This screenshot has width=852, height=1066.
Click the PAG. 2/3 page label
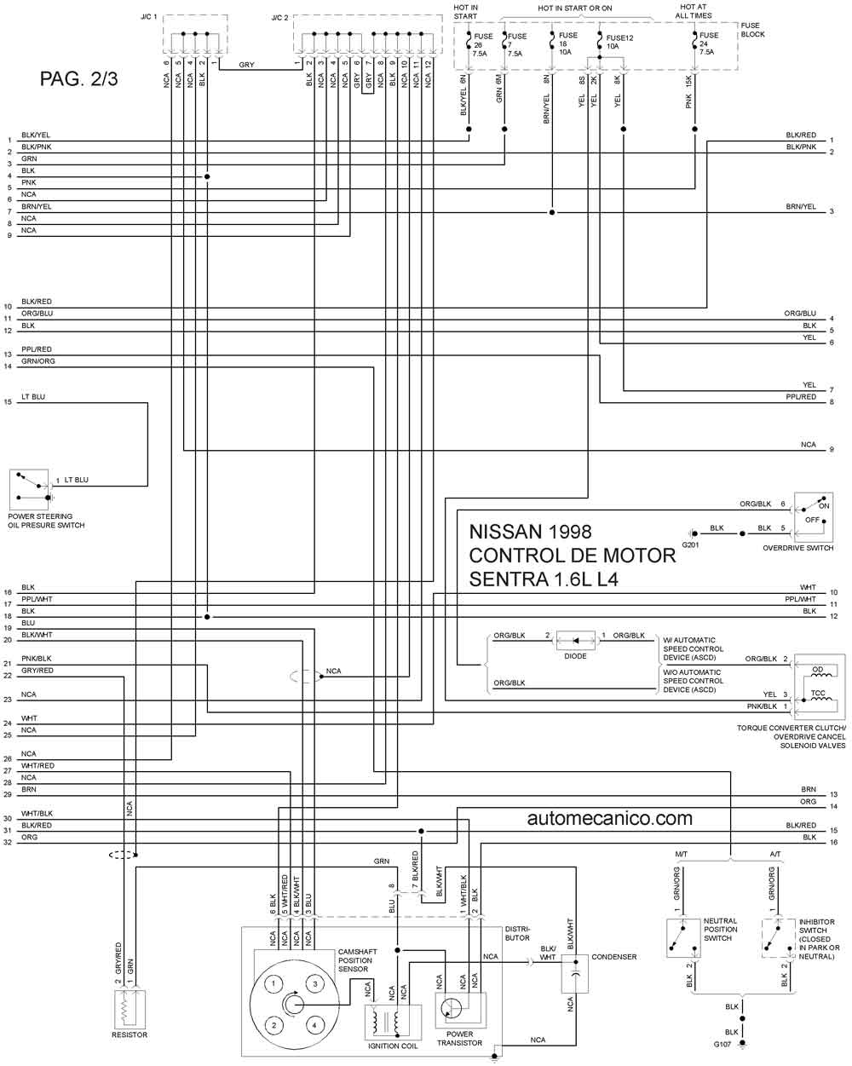[x=78, y=79]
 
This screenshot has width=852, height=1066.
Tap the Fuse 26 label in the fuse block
[x=482, y=44]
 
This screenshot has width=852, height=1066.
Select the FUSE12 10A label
[x=619, y=42]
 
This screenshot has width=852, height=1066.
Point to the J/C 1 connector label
[x=148, y=17]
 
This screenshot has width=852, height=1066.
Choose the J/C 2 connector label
[x=279, y=19]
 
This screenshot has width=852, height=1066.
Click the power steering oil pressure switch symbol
[x=29, y=489]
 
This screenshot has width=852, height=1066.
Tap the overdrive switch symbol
[x=814, y=517]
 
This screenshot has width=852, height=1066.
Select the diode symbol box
[x=576, y=641]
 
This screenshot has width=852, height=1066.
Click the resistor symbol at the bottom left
[x=130, y=1009]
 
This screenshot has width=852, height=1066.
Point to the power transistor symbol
[x=460, y=1010]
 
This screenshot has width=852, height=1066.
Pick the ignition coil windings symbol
[x=393, y=1022]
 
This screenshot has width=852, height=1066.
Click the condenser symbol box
[x=574, y=974]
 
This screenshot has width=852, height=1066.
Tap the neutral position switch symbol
[x=683, y=939]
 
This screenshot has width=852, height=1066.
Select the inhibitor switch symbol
[x=779, y=939]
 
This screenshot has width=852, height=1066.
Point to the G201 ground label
[x=690, y=545]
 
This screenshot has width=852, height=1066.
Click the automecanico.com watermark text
[x=609, y=818]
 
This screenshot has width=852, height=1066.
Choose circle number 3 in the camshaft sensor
[x=315, y=983]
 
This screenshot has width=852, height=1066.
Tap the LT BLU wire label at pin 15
[x=33, y=397]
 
